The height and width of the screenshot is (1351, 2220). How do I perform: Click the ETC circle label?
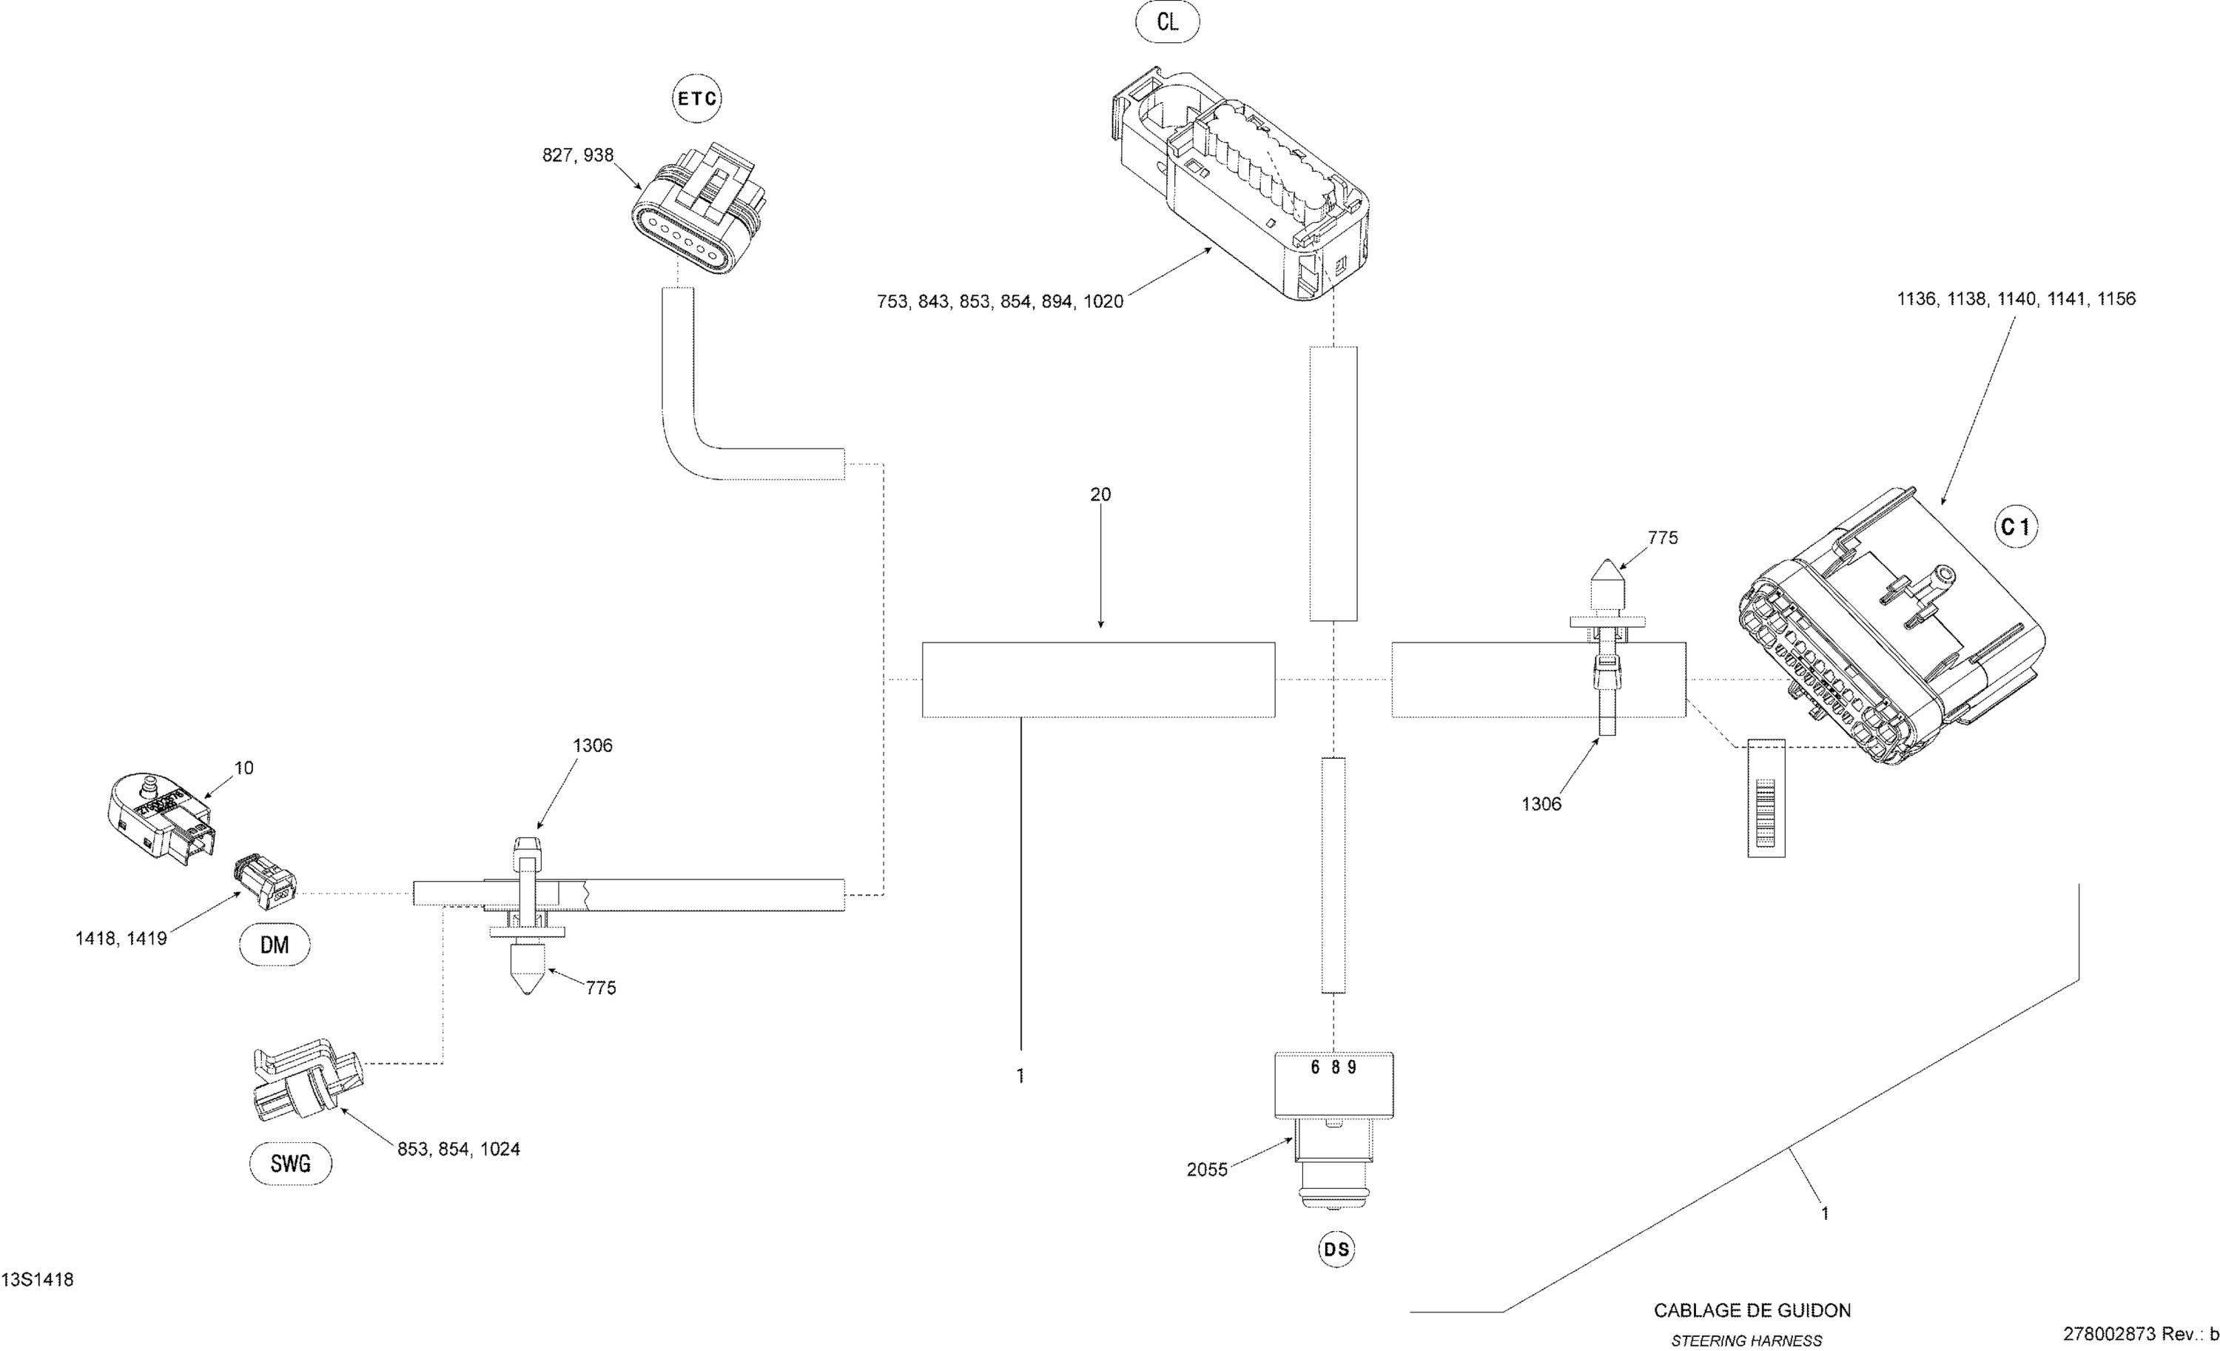[x=697, y=98]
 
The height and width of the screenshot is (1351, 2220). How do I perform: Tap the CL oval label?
[x=1167, y=21]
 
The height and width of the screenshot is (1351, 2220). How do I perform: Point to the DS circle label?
[x=1336, y=1249]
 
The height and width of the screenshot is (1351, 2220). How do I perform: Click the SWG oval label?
[x=290, y=1164]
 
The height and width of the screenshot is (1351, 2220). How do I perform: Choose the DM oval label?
[x=275, y=945]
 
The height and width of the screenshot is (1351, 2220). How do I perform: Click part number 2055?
[x=1206, y=1170]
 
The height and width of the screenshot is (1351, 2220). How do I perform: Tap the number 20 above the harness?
[x=1100, y=494]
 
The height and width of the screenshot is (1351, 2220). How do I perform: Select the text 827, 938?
[x=577, y=155]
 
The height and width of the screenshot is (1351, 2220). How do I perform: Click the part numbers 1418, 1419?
[x=121, y=938]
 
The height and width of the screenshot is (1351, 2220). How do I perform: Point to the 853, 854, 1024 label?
[x=459, y=1149]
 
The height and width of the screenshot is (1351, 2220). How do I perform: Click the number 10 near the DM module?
[x=244, y=768]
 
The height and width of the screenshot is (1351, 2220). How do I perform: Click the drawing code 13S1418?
[x=37, y=1280]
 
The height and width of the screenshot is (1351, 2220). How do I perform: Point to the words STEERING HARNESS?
[x=1746, y=1340]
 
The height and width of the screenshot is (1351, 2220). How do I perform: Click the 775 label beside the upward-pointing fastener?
[x=1662, y=538]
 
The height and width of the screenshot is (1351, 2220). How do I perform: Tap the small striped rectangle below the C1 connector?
[x=1766, y=797]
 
